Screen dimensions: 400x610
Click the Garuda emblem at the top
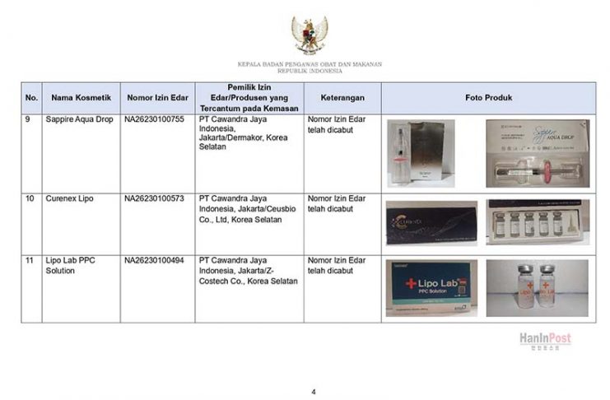[310, 35]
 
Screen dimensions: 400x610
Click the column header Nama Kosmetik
[81, 98]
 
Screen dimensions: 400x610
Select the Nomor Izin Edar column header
[158, 98]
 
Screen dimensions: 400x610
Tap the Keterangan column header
[342, 98]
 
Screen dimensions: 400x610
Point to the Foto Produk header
[488, 98]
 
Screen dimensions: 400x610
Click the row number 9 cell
[30, 120]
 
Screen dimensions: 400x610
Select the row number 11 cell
[30, 261]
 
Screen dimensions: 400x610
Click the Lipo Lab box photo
[431, 288]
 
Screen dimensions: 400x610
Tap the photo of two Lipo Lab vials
[536, 288]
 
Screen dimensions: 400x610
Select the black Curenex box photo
[431, 222]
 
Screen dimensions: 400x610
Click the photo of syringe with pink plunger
[536, 155]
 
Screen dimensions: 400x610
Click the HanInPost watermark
[544, 339]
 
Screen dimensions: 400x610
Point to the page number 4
[313, 390]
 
